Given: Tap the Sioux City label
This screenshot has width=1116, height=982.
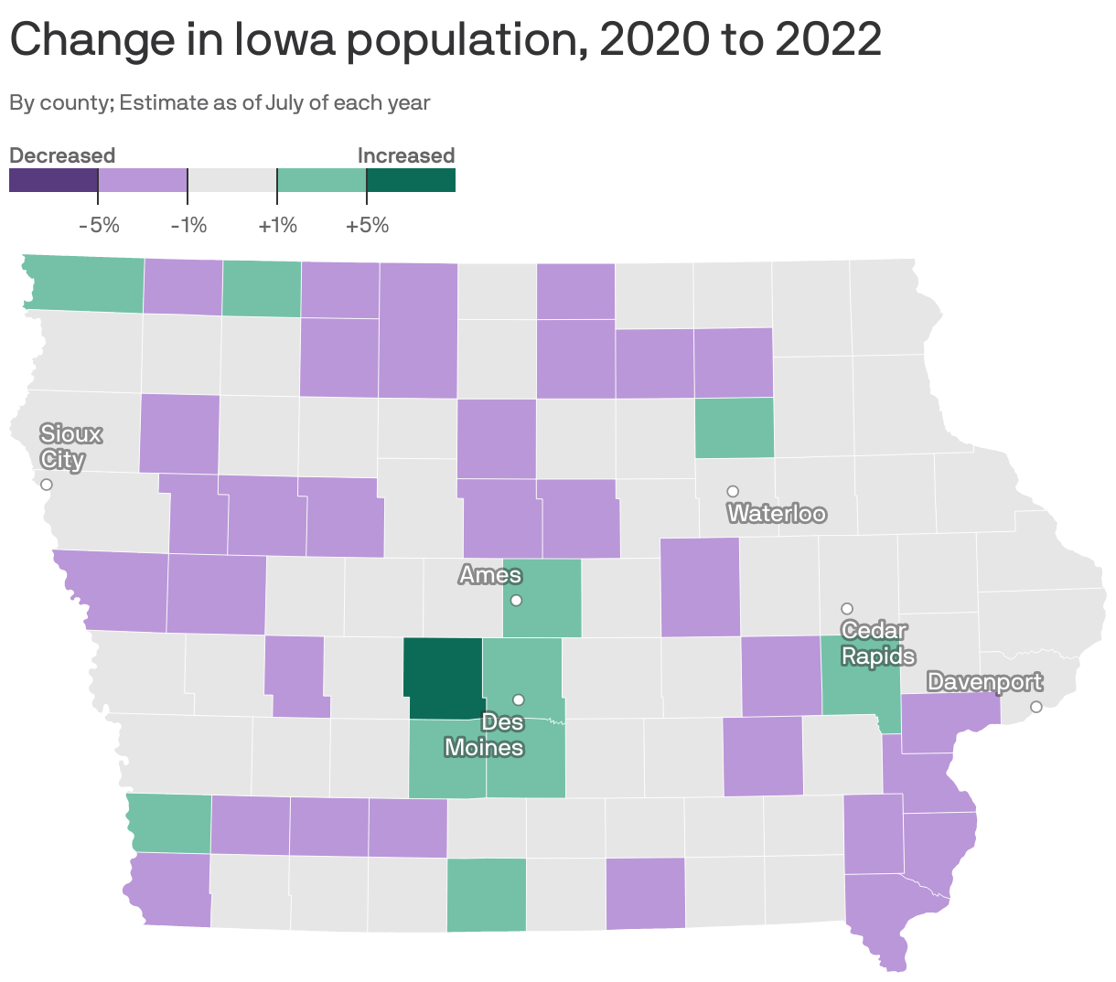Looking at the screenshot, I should click(x=70, y=446).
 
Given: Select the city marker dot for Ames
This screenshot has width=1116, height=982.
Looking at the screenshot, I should click(x=516, y=601).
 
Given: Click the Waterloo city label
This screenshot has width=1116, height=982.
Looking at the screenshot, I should click(x=777, y=514).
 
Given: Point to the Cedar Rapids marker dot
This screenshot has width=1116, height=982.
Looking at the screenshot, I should click(x=847, y=609).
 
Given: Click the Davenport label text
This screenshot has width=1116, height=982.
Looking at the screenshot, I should click(x=984, y=682).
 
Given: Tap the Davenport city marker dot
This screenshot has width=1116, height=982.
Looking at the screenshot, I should click(x=1036, y=707).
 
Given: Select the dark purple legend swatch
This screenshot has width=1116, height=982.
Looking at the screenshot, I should click(x=53, y=181).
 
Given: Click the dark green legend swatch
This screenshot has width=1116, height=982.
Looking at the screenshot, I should click(x=411, y=181).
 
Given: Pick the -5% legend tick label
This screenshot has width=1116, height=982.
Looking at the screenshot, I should click(x=99, y=225).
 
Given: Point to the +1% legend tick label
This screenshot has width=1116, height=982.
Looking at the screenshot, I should click(x=277, y=225).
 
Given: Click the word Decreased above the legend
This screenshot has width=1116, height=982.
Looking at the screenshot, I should click(x=62, y=155).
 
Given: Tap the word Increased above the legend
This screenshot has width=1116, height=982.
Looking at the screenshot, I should click(x=405, y=155).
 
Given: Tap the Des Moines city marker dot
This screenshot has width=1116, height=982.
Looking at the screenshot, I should click(x=518, y=699).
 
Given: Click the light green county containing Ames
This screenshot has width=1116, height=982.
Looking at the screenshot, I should click(x=542, y=599).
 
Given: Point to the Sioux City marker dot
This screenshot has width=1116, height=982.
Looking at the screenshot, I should click(x=47, y=485).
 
